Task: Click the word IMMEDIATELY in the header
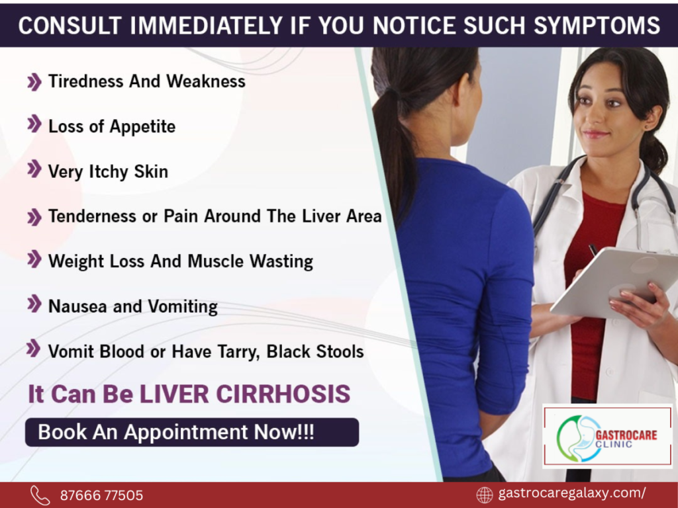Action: [x=207, y=26]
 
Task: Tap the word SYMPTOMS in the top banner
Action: [x=597, y=26]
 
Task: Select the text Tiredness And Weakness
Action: [x=146, y=81]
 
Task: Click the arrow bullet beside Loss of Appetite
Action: [x=34, y=124]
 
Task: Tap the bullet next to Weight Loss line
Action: [x=34, y=259]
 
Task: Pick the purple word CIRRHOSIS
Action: [x=283, y=394]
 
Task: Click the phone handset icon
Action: [x=40, y=495]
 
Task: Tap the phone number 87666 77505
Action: [x=101, y=495]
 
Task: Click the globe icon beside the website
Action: [x=484, y=495]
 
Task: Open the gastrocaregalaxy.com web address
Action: [x=573, y=493]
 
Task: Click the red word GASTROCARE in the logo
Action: [x=626, y=435]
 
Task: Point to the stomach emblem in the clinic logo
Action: [x=579, y=439]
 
